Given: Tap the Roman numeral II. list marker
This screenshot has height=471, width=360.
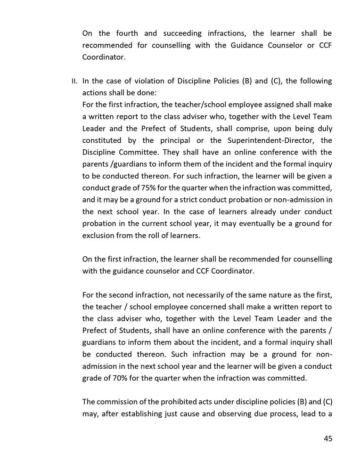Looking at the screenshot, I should coord(74,81).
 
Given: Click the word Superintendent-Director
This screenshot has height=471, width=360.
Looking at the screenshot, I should coord(276,140).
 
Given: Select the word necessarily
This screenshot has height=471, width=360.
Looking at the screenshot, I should coord(189,295).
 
